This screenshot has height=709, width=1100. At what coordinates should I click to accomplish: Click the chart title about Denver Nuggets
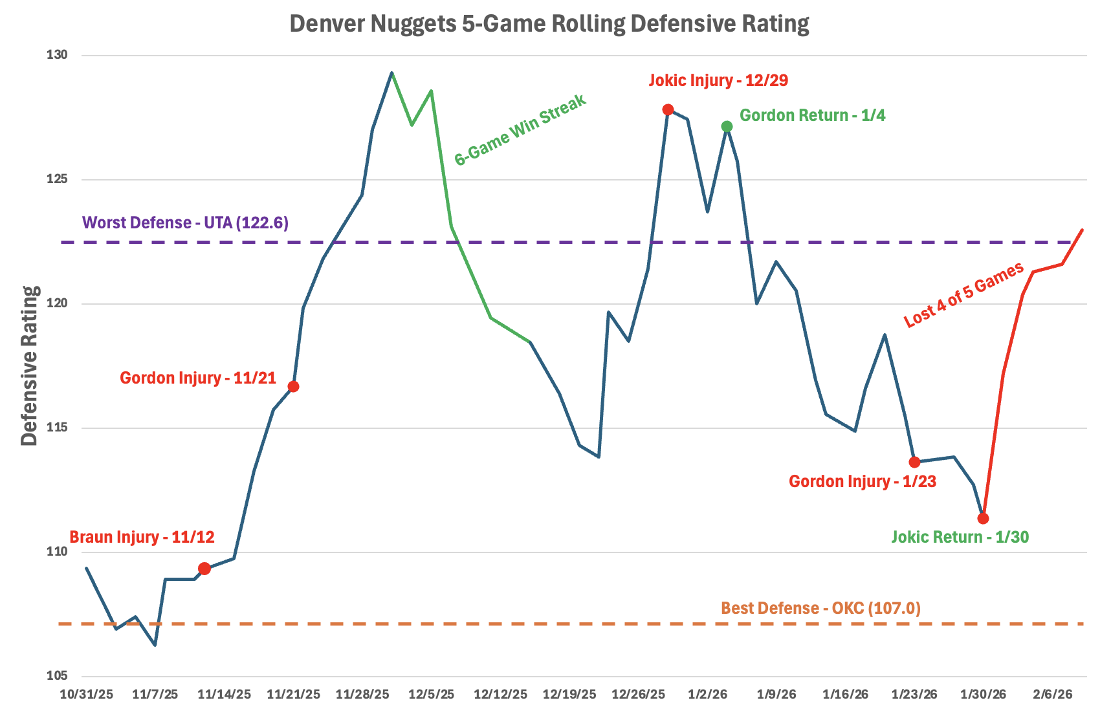(549, 24)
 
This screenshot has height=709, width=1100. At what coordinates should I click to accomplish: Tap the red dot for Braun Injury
(204, 569)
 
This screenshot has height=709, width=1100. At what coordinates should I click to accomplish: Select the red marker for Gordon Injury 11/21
(293, 386)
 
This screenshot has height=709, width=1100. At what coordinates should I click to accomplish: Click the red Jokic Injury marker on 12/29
(668, 109)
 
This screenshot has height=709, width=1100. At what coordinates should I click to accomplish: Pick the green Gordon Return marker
(727, 126)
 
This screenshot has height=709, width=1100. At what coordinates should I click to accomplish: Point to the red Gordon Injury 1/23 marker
(914, 462)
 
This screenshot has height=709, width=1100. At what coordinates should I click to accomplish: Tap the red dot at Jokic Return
(983, 518)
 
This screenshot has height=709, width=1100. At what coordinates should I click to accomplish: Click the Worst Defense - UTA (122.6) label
(186, 223)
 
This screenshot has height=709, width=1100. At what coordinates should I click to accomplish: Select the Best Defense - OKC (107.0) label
(820, 608)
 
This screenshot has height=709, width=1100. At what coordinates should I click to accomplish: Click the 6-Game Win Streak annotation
(520, 129)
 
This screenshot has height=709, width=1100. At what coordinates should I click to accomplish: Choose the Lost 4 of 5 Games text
(963, 294)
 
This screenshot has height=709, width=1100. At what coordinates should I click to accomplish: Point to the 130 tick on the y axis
(57, 56)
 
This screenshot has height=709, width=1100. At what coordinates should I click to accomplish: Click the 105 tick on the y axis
(57, 676)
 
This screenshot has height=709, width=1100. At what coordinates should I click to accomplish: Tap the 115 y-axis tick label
(57, 428)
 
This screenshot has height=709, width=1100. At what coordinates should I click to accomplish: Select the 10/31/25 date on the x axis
(87, 695)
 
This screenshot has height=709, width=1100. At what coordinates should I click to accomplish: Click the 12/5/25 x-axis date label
(432, 695)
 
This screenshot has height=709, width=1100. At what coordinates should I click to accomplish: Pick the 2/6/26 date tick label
(1053, 695)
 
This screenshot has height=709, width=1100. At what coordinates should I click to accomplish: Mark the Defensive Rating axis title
(29, 365)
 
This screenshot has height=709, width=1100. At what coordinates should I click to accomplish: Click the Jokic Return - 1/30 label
(960, 537)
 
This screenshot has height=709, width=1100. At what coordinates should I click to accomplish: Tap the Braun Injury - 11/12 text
(142, 537)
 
